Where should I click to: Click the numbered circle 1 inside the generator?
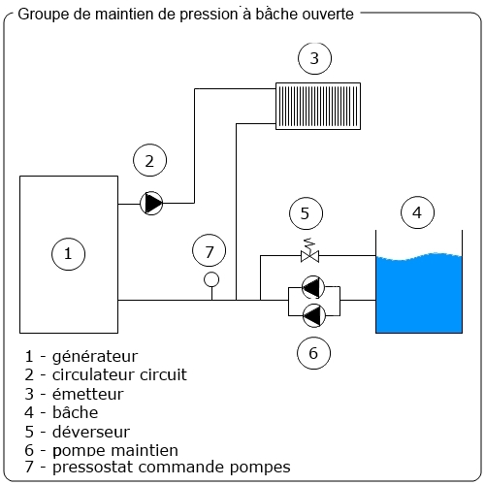(68, 254)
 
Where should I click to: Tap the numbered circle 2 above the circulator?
(148, 161)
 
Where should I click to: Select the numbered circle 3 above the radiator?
(312, 59)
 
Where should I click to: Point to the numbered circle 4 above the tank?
(417, 212)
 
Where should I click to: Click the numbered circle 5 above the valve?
(305, 212)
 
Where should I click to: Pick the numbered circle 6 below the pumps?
(312, 353)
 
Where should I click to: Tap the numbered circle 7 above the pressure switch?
(209, 250)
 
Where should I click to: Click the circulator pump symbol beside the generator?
(151, 203)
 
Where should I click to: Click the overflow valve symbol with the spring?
(311, 256)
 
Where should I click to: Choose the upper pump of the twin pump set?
(312, 287)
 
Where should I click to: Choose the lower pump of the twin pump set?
(312, 313)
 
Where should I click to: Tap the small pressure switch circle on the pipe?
(211, 281)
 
